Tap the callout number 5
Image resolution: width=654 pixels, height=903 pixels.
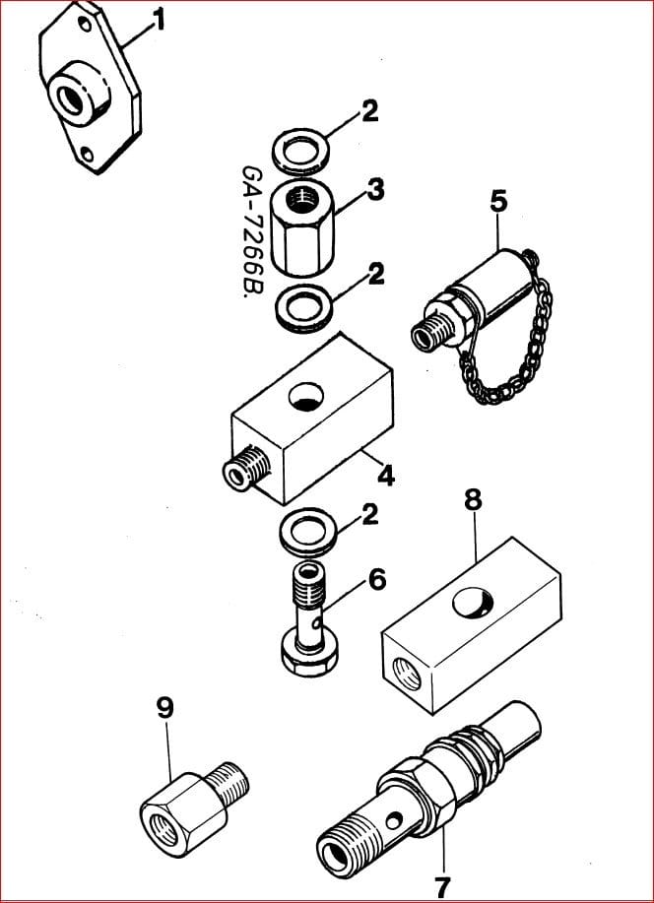point(499,201)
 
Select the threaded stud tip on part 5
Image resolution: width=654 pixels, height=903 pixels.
point(426,337)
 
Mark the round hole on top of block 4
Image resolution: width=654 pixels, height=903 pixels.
point(304,398)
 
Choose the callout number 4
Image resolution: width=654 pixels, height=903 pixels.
point(386,476)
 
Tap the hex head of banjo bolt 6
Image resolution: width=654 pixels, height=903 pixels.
point(307,655)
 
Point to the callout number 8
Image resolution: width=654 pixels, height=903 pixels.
point(474,499)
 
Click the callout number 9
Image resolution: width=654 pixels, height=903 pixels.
point(165,707)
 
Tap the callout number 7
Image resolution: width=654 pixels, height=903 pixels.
point(443,884)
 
